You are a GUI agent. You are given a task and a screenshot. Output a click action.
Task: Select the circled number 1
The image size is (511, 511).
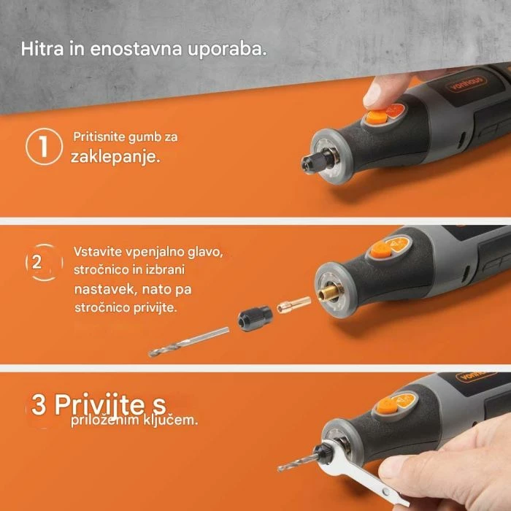coord(42,146)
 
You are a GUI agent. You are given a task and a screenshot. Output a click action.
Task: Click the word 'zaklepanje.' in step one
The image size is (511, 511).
coord(115,157)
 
